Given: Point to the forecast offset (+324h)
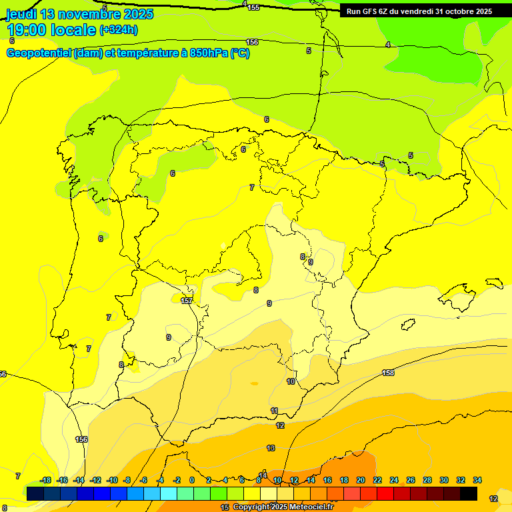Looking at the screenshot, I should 119,30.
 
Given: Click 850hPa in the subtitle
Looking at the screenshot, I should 207,53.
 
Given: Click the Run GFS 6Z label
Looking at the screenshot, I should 370,11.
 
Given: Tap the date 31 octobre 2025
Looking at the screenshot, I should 464,11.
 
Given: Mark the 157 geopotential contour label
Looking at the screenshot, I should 187,301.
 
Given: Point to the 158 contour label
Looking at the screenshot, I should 388,373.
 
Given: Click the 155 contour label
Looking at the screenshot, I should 253,7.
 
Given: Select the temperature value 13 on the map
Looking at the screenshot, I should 271,448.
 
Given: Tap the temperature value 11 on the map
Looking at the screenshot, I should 274,411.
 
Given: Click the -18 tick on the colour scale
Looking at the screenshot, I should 45,480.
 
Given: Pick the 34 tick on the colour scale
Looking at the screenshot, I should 477,480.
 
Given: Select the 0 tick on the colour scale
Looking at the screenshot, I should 192,480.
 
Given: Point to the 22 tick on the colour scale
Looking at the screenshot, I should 377,480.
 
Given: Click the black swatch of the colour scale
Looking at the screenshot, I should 469,493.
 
